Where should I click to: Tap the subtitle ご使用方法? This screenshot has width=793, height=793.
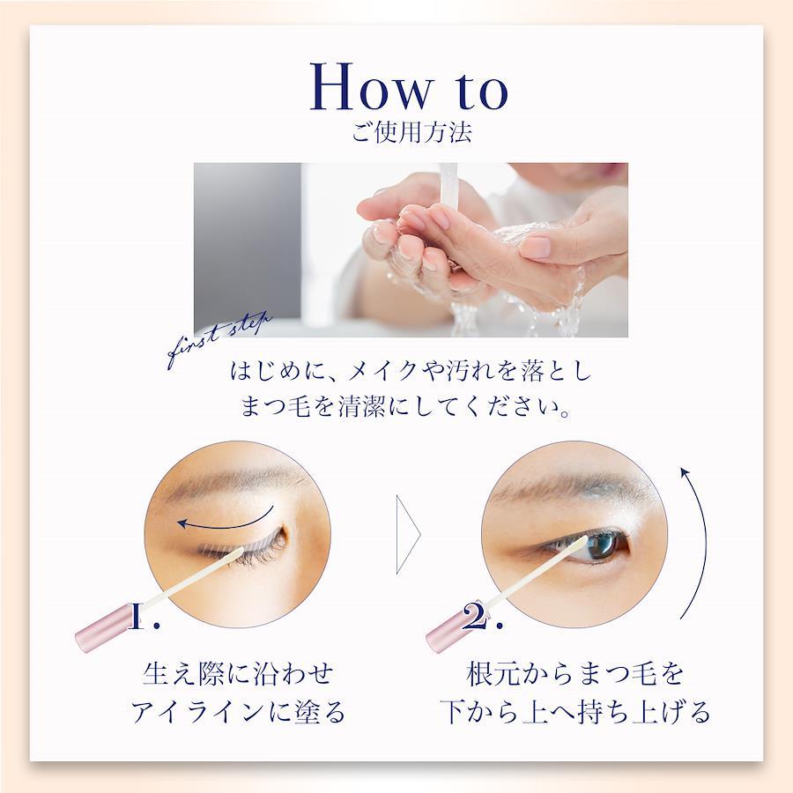click(411, 132)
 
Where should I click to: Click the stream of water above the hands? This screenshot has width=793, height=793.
click(448, 189)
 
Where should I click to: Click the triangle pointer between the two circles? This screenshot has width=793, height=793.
click(408, 535)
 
